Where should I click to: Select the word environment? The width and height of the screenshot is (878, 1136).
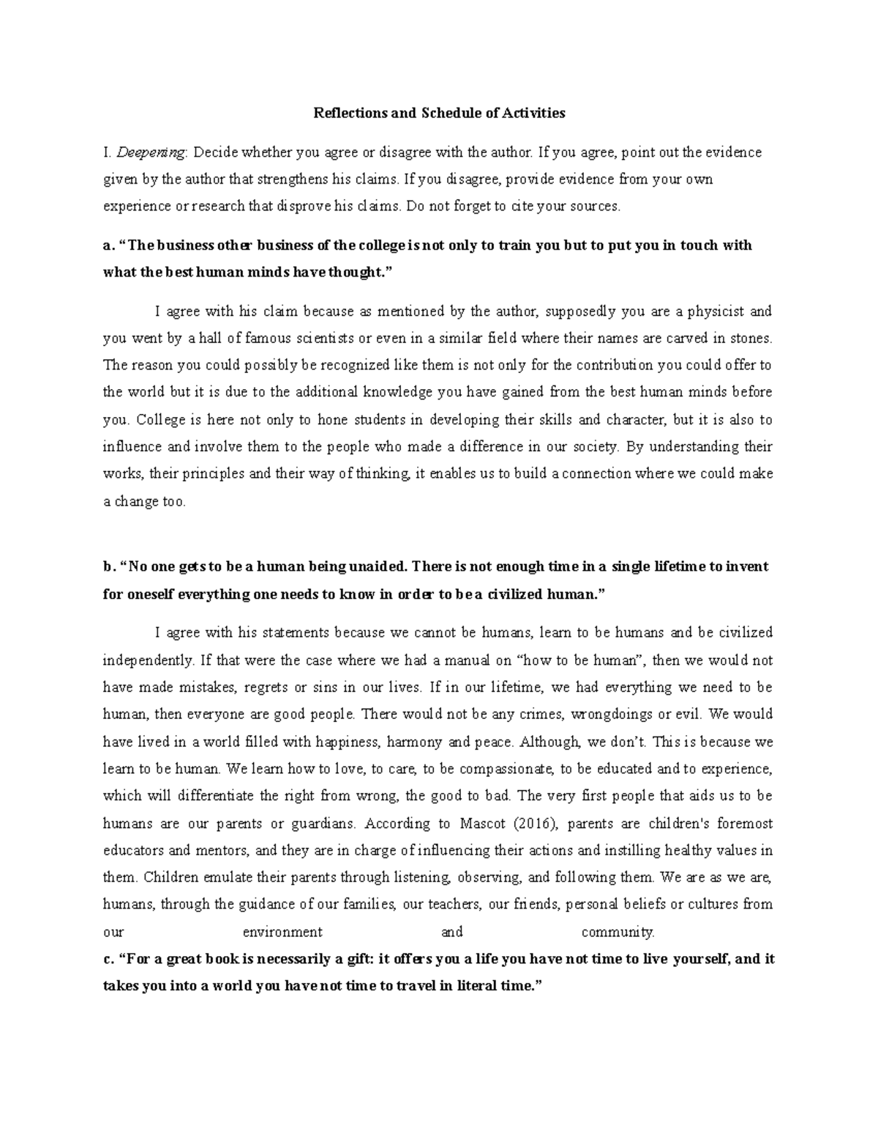[x=282, y=932]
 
